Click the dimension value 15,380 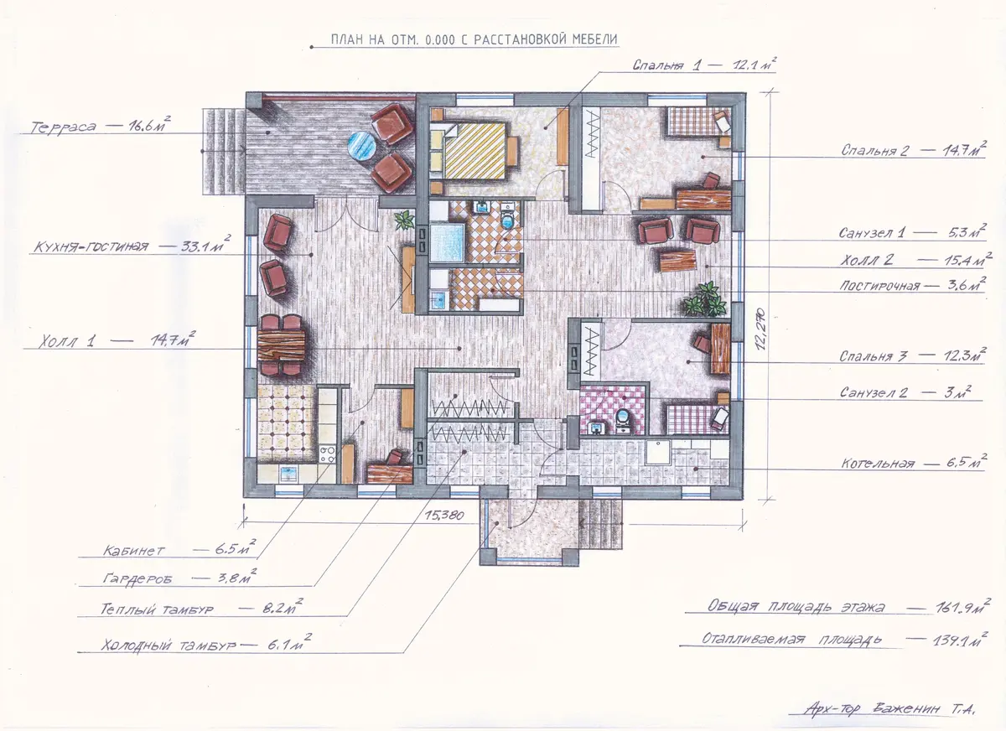pos(443,515)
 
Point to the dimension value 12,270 pos(760,329)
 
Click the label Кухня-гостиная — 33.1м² pos(132,245)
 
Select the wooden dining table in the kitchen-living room pos(282,345)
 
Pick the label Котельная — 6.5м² pos(914,463)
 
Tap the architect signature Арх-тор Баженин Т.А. pos(889,708)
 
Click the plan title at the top pos(474,39)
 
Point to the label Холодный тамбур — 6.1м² pos(206,644)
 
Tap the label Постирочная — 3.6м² pos(913,285)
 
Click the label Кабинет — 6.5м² pos(179,548)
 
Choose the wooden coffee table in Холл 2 pos(677,262)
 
